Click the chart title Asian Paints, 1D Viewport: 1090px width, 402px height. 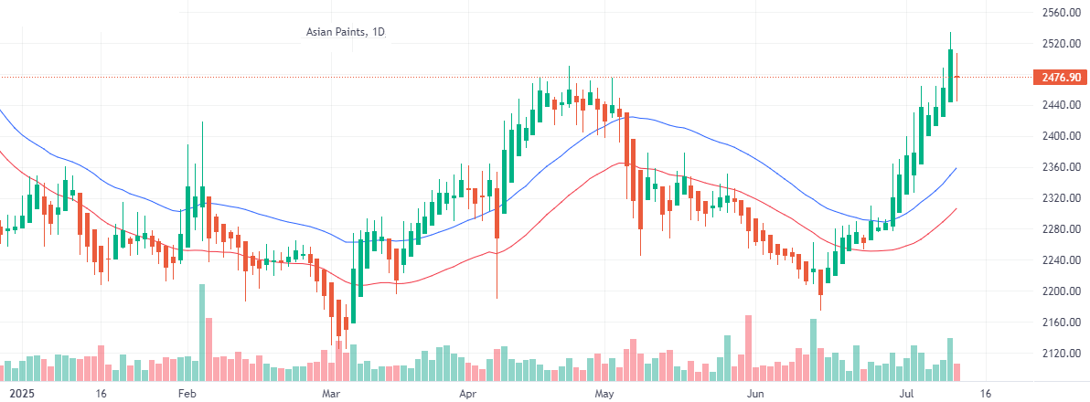(346, 33)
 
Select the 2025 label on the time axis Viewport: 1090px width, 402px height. (17, 394)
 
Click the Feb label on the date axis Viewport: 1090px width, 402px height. (187, 394)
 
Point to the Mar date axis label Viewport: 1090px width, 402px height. (331, 394)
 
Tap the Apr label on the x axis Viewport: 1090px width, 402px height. (468, 394)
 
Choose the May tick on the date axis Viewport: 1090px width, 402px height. (604, 394)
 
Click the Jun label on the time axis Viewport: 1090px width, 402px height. (755, 394)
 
